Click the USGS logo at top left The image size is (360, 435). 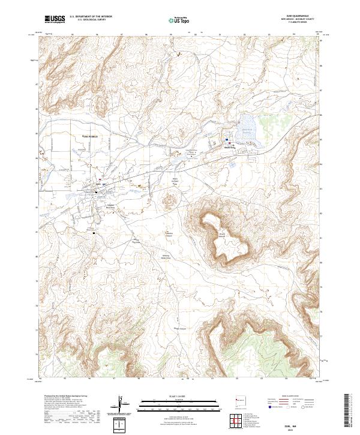55,20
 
